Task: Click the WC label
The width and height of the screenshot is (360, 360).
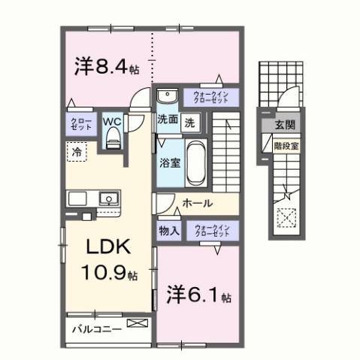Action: pos(111,120)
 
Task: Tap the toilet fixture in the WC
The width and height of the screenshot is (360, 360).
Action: pos(113,136)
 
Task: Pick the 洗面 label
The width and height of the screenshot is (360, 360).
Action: pos(167,119)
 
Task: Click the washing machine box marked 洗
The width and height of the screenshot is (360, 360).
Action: pos(191,120)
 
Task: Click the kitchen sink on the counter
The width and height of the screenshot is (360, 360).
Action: pos(110,199)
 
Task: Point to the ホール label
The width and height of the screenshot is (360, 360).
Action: pos(197,204)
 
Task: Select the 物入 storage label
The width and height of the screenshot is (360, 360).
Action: pos(168,231)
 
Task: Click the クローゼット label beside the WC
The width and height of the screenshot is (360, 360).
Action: pos(80,124)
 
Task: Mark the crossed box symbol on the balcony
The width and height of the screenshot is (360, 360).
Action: pos(138,325)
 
